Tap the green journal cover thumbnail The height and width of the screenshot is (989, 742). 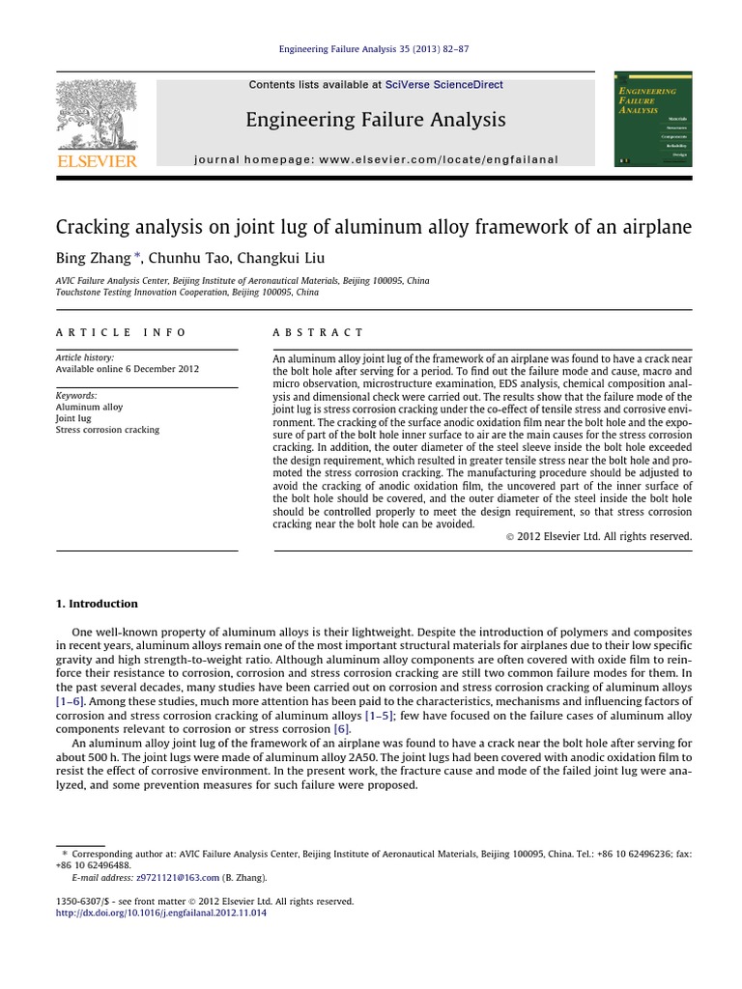point(653,118)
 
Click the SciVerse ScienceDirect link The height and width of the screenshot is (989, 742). point(443,85)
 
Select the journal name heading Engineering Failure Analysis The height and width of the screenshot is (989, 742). point(375,120)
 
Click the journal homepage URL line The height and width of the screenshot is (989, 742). point(376,159)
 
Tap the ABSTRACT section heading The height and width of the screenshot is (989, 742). point(318,332)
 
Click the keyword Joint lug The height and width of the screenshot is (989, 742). point(73,418)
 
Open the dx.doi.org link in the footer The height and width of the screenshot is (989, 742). point(160,913)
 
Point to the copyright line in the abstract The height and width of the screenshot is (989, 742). point(598,536)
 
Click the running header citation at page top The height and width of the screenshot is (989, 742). point(374,49)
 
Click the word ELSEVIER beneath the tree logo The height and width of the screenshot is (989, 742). point(97,162)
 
